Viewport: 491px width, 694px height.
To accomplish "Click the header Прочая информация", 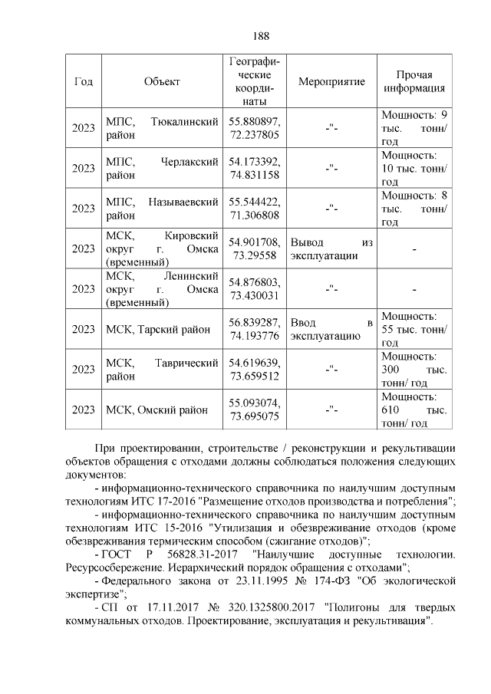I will [414, 81].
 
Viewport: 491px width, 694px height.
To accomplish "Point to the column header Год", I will [83, 81].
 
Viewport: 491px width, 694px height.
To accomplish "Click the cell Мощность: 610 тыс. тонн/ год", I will [414, 409].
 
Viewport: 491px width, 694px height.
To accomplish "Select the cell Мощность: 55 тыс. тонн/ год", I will [414, 329].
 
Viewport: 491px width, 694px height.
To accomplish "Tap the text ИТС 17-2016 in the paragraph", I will [178, 501].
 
